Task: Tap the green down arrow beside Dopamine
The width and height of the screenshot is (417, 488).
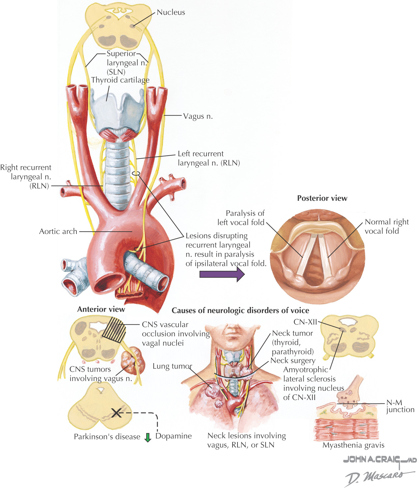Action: tap(148, 437)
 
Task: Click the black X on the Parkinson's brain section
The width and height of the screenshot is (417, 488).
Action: tap(116, 413)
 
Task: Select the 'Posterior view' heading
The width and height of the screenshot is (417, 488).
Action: tap(322, 198)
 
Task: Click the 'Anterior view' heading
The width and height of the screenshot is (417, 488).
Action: tap(101, 309)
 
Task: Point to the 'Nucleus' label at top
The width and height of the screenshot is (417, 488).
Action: tap(171, 13)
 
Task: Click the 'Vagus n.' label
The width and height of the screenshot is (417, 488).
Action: tap(198, 116)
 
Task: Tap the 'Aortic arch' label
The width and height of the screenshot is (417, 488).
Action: tap(58, 231)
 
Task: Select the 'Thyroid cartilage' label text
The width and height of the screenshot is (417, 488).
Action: tap(120, 80)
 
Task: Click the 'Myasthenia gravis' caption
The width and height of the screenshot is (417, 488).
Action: tap(353, 445)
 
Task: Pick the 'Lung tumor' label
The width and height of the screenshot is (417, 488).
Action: tap(172, 366)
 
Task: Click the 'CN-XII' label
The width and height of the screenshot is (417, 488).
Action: tap(305, 322)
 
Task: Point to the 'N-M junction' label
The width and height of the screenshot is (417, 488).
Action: tap(400, 406)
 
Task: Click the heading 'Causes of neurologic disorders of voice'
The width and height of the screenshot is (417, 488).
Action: tap(240, 311)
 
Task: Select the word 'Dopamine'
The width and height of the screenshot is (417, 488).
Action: tap(174, 436)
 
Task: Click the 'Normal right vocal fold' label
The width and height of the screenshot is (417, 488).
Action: tap(386, 226)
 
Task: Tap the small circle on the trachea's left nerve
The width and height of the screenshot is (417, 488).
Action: tap(136, 173)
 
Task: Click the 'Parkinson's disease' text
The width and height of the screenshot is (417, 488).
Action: tap(107, 437)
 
